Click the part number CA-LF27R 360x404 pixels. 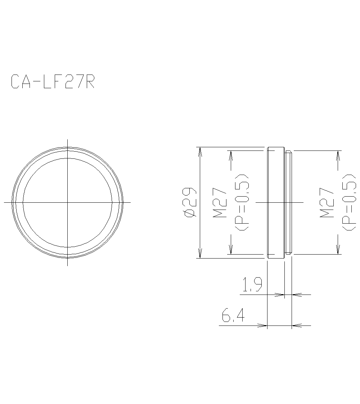53,82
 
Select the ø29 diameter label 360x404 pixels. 190,202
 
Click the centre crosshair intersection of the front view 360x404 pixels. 68,202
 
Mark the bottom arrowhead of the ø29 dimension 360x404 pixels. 200,253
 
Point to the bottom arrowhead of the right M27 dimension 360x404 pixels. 338,250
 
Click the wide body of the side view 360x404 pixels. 276,202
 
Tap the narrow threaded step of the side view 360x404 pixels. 288,202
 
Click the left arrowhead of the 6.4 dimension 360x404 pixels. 263,326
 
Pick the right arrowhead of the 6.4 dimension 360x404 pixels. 296,326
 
